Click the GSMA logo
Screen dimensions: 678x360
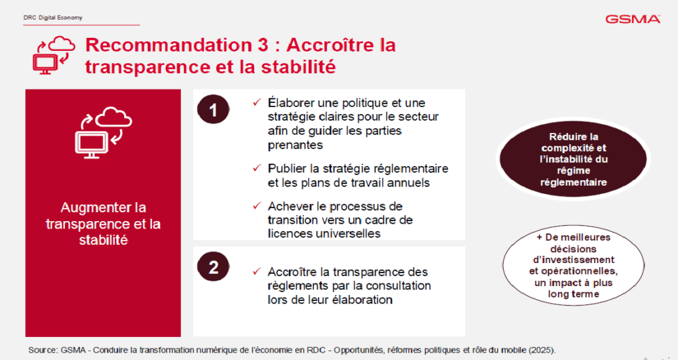pos(633,19)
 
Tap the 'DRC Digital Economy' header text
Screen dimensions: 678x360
pos(53,18)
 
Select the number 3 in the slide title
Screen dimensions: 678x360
pos(263,45)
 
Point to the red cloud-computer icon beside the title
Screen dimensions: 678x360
pos(54,55)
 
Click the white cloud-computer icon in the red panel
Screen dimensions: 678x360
pos(104,132)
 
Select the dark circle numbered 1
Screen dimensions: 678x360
pos(213,109)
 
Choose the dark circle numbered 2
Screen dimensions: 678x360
pos(213,266)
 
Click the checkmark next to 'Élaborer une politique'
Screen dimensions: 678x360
pos(257,102)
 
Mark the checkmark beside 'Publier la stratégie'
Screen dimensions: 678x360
pos(257,167)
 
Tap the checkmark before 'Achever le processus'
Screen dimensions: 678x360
pos(257,205)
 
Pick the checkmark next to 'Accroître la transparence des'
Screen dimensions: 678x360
pos(257,271)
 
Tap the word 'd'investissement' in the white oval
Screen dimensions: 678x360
pos(574,260)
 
